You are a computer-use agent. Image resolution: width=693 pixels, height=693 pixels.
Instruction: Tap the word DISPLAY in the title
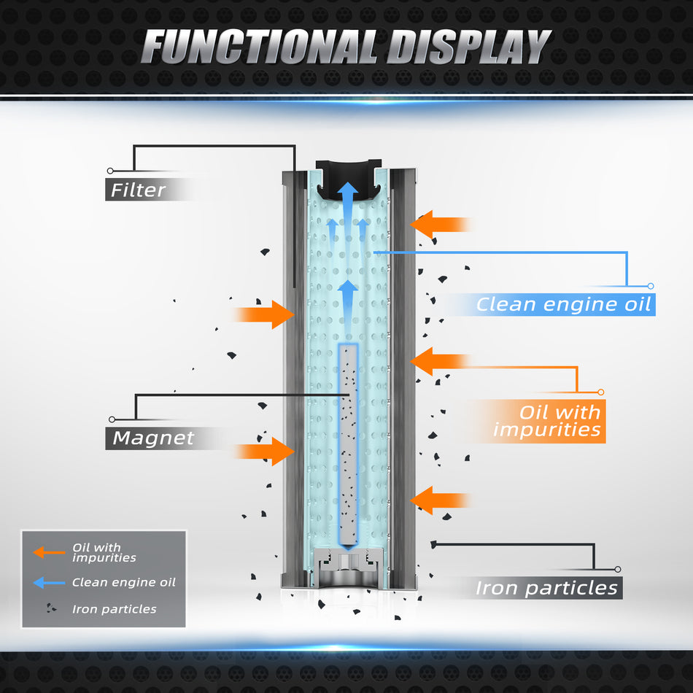(x=467, y=47)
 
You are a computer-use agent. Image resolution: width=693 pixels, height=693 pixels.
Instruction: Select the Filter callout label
(x=139, y=190)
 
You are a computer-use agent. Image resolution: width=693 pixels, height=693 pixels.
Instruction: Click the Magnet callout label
(x=153, y=438)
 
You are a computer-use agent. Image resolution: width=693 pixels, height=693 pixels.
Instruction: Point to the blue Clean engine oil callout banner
(x=562, y=304)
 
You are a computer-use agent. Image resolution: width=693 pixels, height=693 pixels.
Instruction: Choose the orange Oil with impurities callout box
(x=547, y=421)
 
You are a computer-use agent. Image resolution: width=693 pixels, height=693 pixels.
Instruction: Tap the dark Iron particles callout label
(x=546, y=588)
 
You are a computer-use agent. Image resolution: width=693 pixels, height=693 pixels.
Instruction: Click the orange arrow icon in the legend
(x=48, y=553)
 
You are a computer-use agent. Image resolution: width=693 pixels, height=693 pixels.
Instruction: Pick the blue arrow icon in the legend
(x=48, y=582)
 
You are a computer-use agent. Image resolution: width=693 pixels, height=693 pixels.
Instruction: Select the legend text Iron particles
(x=114, y=609)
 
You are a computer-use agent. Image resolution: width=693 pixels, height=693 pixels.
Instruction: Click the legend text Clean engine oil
(x=123, y=582)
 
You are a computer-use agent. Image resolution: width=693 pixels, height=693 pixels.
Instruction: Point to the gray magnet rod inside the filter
(x=349, y=445)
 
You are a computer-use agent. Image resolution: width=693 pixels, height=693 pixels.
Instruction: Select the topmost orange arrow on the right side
(x=440, y=225)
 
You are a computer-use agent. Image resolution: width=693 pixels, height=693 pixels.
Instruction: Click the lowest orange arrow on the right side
(x=440, y=500)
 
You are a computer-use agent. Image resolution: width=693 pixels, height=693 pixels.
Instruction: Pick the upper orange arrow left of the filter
(x=264, y=314)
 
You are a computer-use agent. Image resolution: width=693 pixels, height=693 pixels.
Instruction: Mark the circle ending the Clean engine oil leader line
(x=651, y=286)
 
